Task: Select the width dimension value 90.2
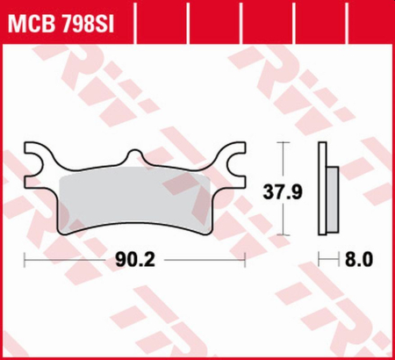pos(136,260)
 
